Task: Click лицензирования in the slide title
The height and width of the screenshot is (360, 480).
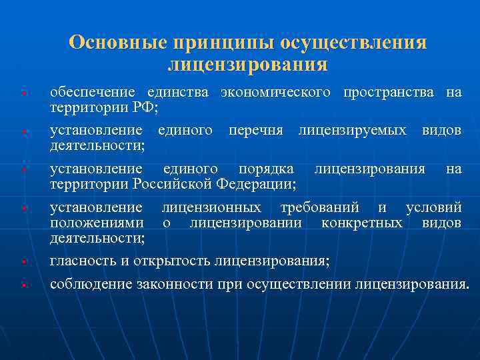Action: (247, 65)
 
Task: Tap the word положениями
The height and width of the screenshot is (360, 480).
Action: (96, 222)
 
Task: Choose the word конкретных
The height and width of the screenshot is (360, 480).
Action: (361, 222)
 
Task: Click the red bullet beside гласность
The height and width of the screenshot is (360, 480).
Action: (23, 261)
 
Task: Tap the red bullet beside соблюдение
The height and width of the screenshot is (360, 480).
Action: (23, 286)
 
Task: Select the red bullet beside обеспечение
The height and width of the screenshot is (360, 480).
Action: (23, 93)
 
